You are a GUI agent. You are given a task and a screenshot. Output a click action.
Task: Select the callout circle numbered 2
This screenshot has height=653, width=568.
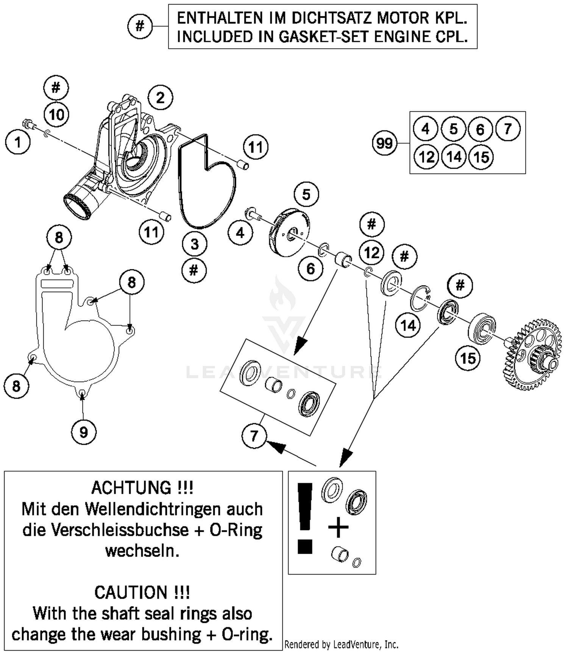pyautogui.click(x=160, y=98)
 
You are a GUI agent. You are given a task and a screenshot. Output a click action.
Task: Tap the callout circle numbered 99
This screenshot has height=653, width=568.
pyautogui.click(x=384, y=143)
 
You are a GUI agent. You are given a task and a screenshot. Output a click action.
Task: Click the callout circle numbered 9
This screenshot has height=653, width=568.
pyautogui.click(x=84, y=432)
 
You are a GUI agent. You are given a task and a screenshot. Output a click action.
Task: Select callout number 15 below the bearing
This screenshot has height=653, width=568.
pyautogui.click(x=468, y=358)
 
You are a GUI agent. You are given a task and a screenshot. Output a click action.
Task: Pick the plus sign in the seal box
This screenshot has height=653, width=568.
pyautogui.click(x=338, y=528)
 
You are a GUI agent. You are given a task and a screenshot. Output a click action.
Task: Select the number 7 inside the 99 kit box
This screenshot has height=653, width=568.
pyautogui.click(x=508, y=129)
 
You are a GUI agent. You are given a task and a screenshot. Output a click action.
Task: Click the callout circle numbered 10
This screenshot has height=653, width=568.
pyautogui.click(x=56, y=114)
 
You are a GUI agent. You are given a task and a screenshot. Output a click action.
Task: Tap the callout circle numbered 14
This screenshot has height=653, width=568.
pyautogui.click(x=408, y=325)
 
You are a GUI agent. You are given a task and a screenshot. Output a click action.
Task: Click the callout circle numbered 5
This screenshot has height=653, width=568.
pyautogui.click(x=306, y=194)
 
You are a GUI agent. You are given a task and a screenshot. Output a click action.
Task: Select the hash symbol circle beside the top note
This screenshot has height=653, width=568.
pyautogui.click(x=140, y=26)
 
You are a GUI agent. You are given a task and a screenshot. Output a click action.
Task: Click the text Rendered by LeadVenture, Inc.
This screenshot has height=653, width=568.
pyautogui.click(x=341, y=644)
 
